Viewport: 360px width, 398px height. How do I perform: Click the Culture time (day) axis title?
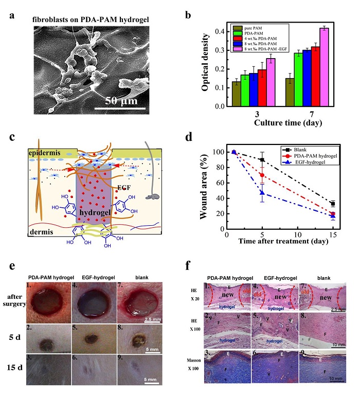tap(281, 123)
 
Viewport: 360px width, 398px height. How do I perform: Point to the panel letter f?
tap(189, 266)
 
